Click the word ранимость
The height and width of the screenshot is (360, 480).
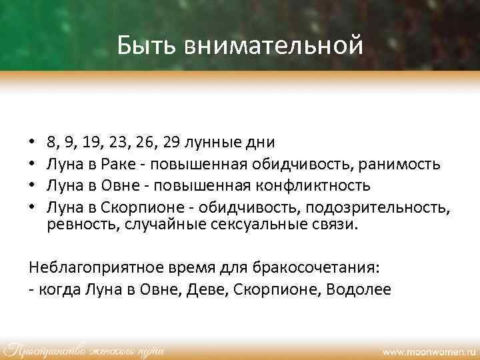(x=403, y=163)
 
